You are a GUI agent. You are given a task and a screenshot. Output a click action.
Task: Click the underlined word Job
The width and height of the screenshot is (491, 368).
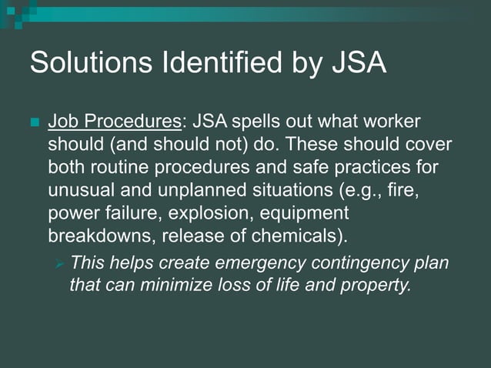(64, 122)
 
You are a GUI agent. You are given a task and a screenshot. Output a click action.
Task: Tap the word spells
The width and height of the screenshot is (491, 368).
(256, 122)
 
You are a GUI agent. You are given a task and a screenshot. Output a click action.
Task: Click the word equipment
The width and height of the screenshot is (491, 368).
(306, 211)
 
